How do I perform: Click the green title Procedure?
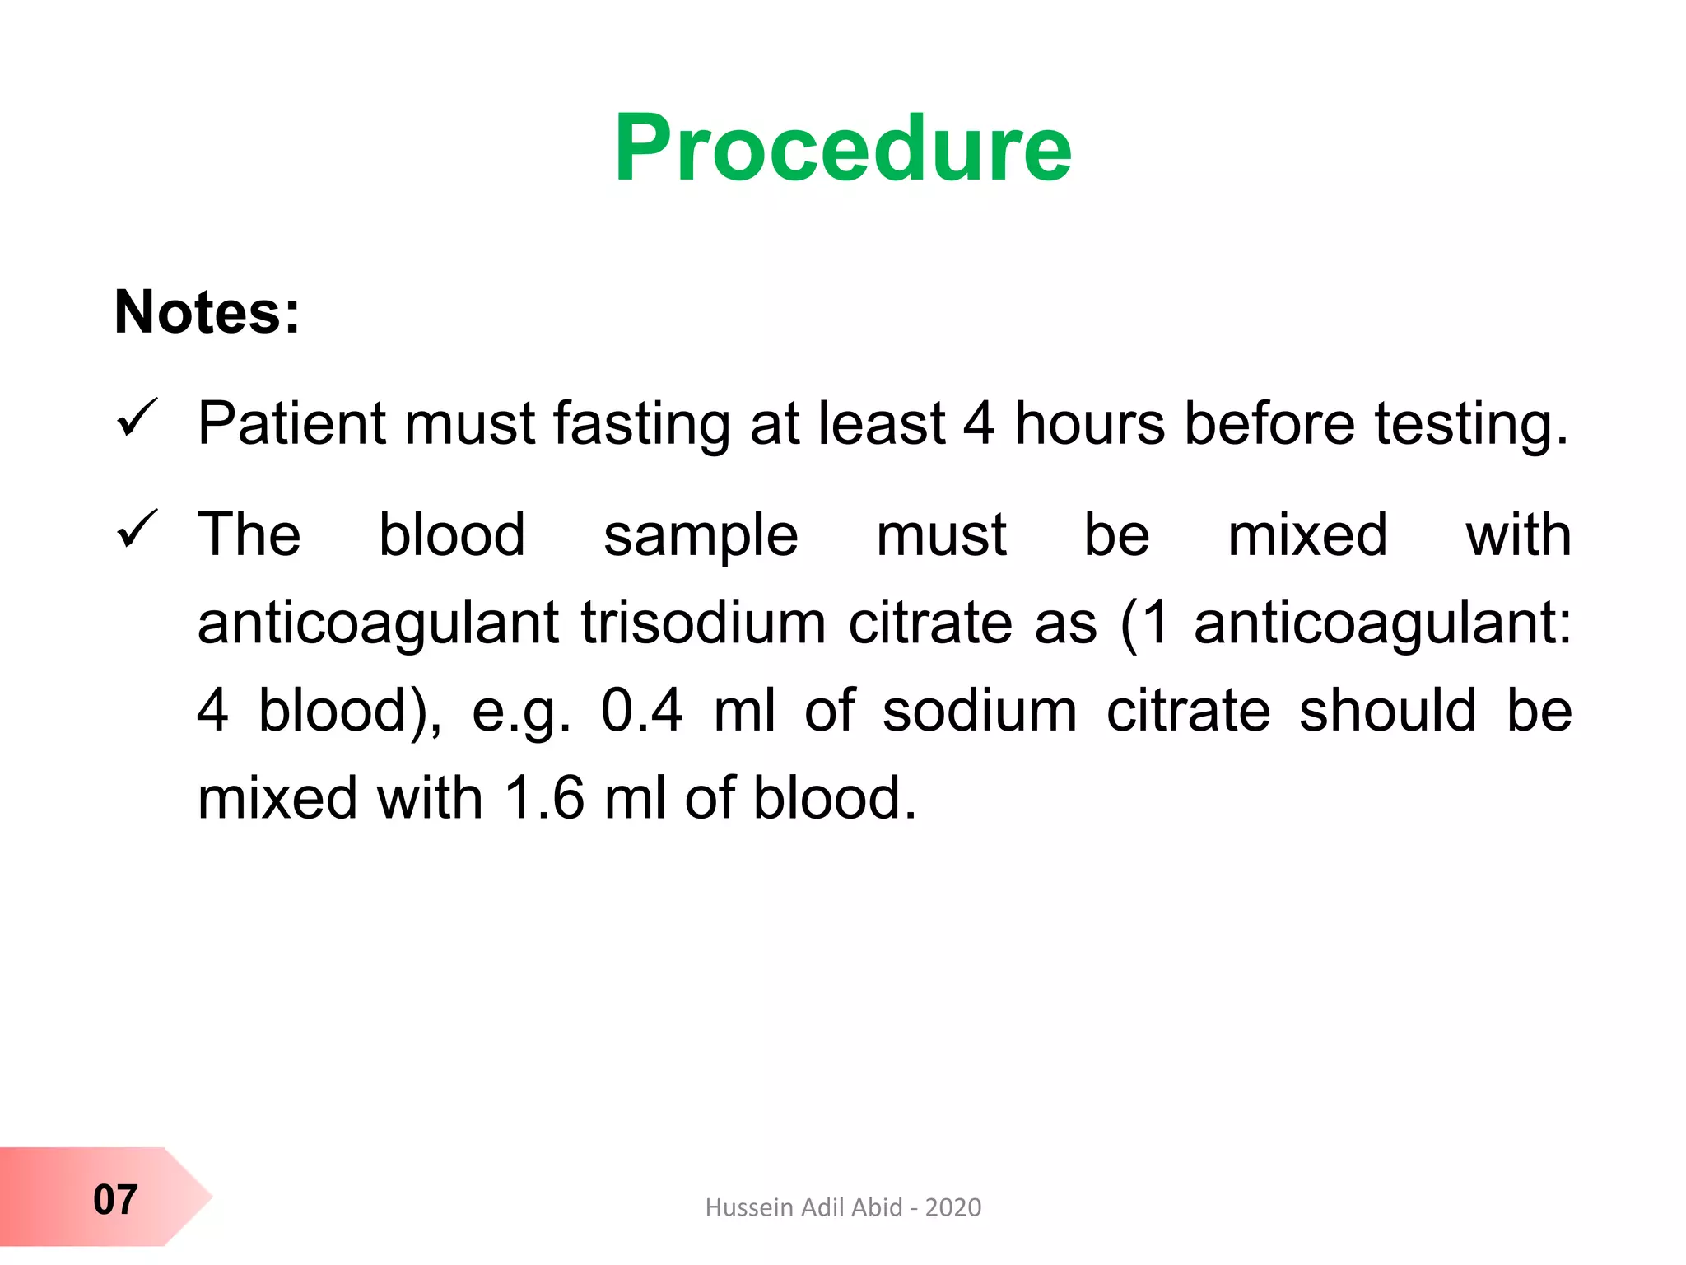843,148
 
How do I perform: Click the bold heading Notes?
207,312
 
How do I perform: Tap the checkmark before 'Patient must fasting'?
137,418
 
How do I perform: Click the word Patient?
291,423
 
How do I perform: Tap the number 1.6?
544,798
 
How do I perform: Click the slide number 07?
115,1199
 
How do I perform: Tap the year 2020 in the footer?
953,1207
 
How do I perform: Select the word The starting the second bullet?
249,534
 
